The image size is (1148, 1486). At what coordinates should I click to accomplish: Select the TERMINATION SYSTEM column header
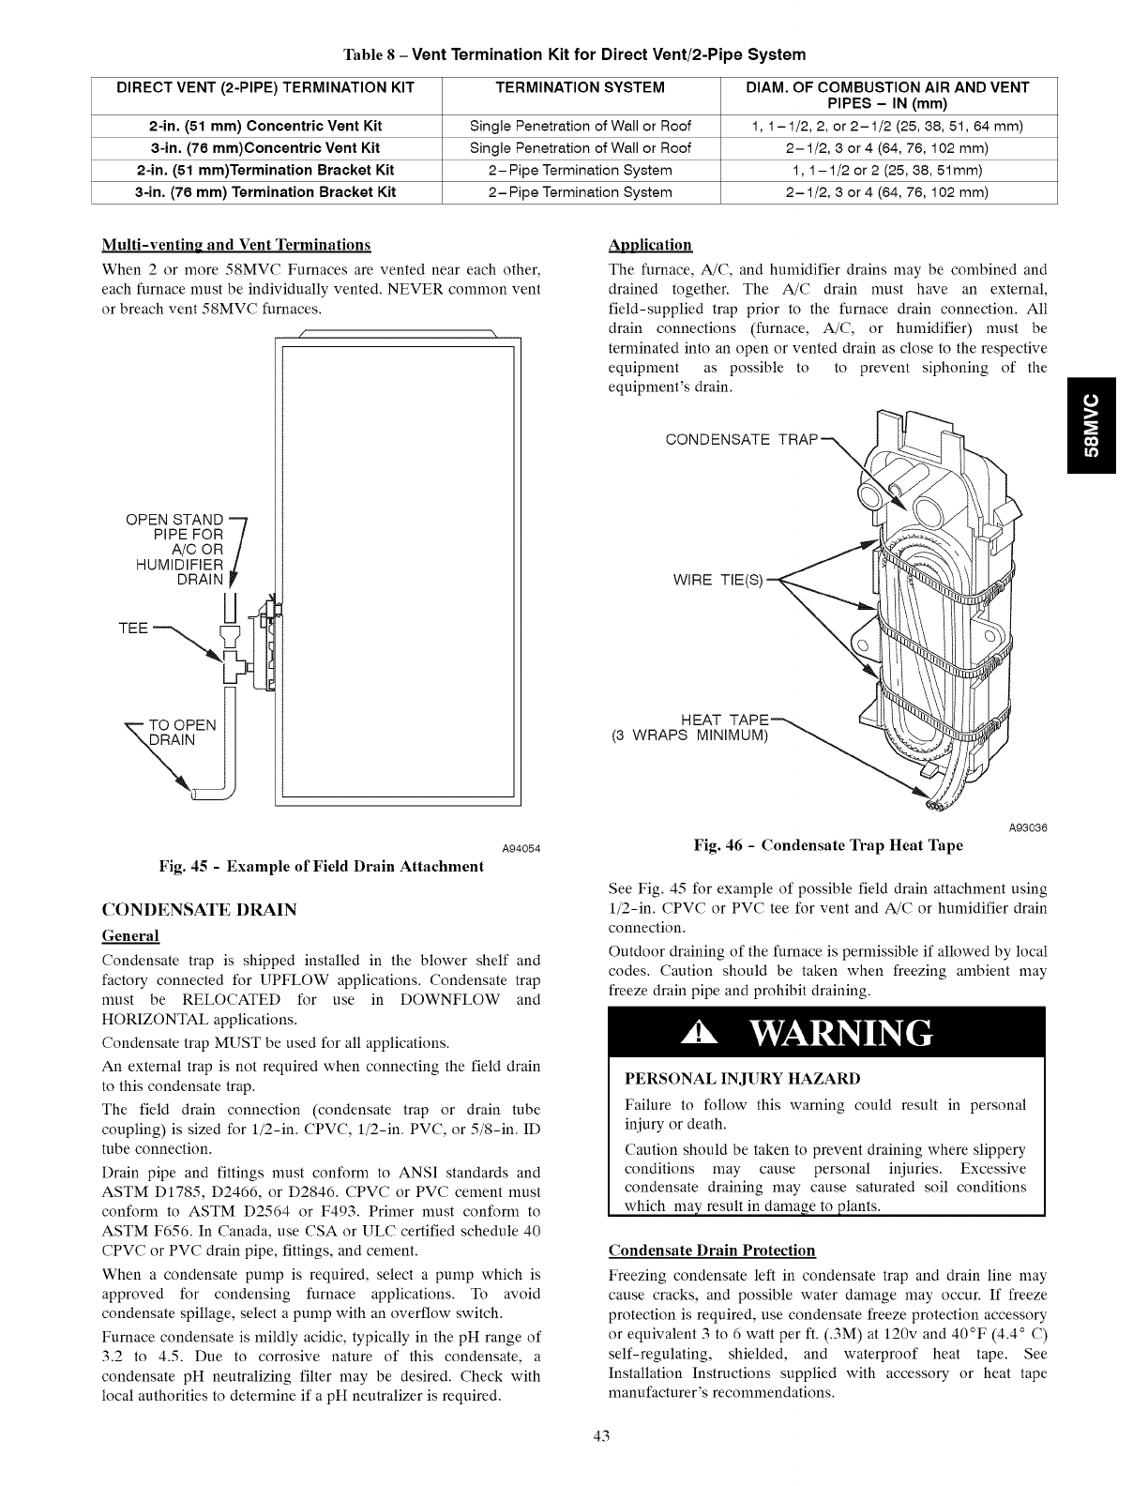(x=580, y=87)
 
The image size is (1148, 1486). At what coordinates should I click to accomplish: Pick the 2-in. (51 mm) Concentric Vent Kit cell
(x=265, y=126)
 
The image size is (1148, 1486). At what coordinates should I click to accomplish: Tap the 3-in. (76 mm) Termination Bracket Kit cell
(x=265, y=192)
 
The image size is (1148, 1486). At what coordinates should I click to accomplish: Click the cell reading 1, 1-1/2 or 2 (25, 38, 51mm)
(x=887, y=170)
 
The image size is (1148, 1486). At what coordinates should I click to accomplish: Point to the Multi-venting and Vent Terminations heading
(x=235, y=246)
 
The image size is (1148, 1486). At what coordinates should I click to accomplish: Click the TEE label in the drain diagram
(x=133, y=628)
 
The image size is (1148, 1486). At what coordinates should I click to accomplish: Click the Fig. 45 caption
(x=324, y=866)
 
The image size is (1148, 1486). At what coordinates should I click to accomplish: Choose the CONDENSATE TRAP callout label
(x=742, y=439)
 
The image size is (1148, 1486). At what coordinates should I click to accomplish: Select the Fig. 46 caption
(x=827, y=845)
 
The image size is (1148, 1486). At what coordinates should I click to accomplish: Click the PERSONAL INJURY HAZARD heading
(x=742, y=1079)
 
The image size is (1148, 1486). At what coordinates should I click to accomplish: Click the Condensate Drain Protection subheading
(x=712, y=1251)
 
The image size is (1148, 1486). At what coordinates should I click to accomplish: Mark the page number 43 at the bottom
(x=573, y=1439)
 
